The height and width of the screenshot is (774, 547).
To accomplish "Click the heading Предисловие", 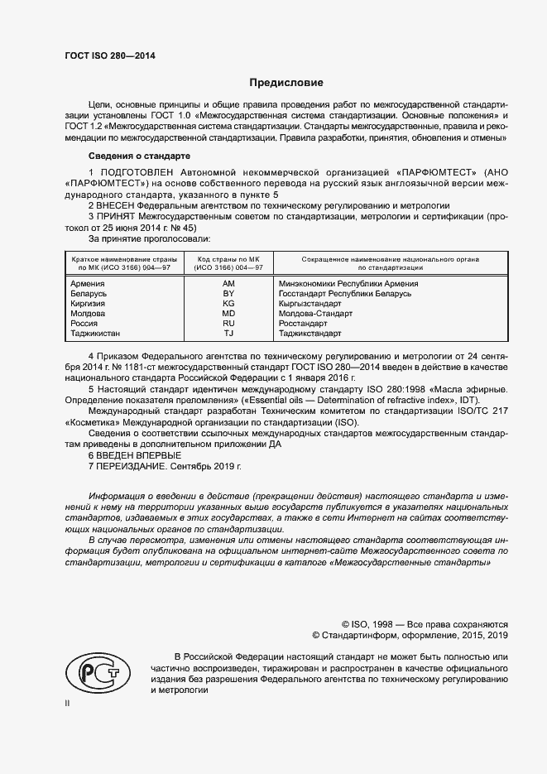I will tap(286, 83).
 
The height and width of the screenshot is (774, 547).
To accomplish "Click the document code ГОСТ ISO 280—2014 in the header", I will tap(109, 57).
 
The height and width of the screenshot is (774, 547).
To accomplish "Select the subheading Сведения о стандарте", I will tap(139, 156).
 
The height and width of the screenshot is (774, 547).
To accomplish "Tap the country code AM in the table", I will tap(228, 284).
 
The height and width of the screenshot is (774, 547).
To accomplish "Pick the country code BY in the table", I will tap(228, 294).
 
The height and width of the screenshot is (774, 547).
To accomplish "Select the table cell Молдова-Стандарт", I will tap(315, 314).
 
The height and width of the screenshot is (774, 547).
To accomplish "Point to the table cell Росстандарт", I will tap(305, 324).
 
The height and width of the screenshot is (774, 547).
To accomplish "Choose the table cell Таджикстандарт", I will tap(310, 334).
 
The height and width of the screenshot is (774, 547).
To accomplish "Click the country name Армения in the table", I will tap(88, 284).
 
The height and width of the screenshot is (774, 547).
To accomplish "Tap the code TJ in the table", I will tap(228, 334).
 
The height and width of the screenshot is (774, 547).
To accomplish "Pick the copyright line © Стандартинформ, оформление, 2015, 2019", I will tap(410, 636).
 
